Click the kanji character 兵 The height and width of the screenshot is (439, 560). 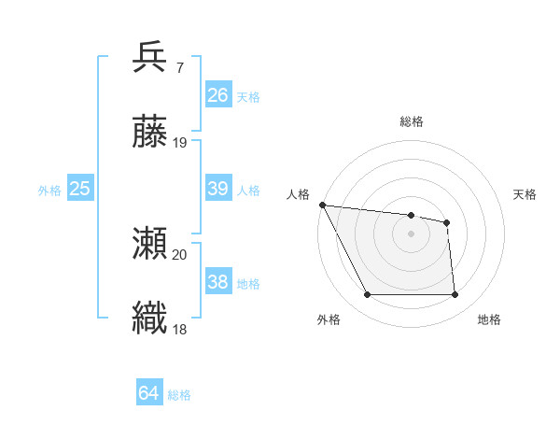[150, 57]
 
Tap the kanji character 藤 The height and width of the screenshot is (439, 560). [150, 133]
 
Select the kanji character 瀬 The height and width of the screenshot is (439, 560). [150, 244]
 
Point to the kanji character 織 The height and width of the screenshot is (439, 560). [150, 319]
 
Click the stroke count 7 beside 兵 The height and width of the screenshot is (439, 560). [179, 68]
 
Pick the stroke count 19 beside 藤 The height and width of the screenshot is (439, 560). [180, 143]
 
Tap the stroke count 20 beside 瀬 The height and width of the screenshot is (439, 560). [180, 254]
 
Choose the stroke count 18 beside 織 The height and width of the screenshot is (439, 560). [180, 329]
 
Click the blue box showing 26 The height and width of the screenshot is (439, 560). [218, 95]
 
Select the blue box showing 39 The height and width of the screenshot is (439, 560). [218, 189]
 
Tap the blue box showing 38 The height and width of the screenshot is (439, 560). [218, 282]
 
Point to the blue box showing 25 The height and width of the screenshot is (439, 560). [80, 189]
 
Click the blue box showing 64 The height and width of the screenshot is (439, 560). [149, 394]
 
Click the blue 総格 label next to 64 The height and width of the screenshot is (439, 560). [179, 395]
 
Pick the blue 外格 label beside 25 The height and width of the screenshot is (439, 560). [49, 191]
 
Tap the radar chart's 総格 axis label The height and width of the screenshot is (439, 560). [411, 121]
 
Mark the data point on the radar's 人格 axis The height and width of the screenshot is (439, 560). [322, 205]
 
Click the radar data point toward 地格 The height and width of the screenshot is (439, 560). [455, 295]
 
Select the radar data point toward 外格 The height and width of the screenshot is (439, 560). [367, 295]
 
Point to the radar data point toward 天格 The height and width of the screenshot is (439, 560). [447, 222]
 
